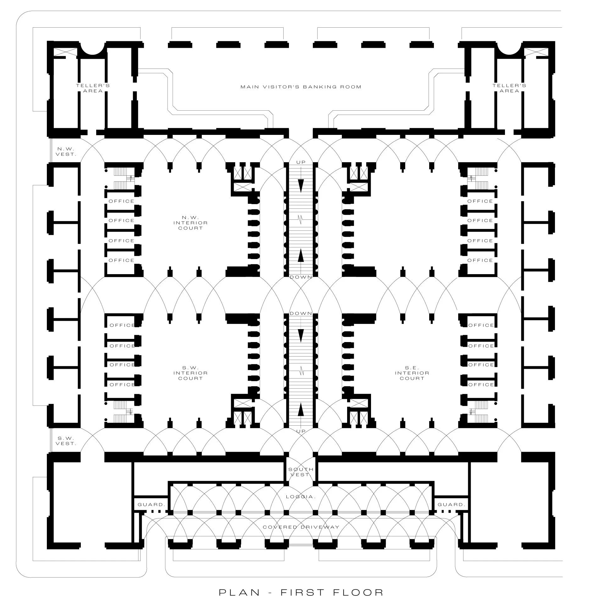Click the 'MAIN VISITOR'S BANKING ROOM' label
coord(301,87)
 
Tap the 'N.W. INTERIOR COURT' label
coord(190,223)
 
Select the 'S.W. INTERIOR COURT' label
coord(190,373)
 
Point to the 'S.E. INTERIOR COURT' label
coord(412,373)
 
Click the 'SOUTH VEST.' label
coord(301,472)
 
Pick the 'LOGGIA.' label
coord(301,497)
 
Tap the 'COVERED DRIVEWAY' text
coord(301,527)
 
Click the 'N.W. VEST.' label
coord(66,152)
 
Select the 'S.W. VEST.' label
coord(66,441)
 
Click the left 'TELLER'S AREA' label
coord(93,88)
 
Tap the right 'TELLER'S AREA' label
coord(509,88)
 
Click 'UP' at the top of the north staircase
coord(301,162)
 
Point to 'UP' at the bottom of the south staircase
coord(301,431)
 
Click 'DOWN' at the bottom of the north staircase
coord(301,277)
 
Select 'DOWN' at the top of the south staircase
coord(301,313)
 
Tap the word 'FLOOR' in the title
coord(358,592)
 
